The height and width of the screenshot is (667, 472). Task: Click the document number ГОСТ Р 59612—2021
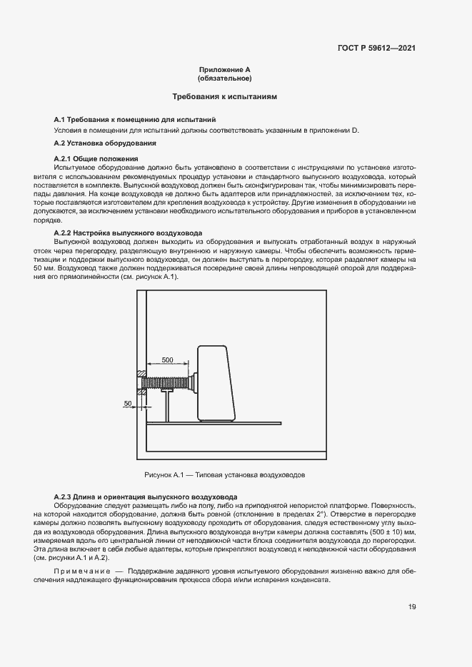(x=376, y=49)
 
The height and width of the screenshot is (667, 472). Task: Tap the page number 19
(x=412, y=606)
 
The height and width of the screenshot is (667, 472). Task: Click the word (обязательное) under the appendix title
(x=225, y=78)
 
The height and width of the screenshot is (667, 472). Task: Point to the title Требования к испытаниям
(x=225, y=96)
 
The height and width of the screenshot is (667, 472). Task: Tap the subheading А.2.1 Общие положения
(x=96, y=158)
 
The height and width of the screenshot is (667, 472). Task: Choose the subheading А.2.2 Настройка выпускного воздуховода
(x=129, y=233)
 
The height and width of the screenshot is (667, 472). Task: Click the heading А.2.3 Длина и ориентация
(x=146, y=497)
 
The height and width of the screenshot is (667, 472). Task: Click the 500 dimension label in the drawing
(x=167, y=360)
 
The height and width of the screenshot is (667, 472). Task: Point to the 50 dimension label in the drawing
(x=128, y=404)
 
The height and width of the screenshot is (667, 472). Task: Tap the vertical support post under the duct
(x=167, y=407)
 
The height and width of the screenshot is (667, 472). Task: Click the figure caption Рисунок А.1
(x=225, y=474)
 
